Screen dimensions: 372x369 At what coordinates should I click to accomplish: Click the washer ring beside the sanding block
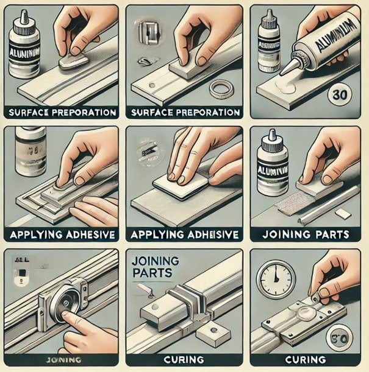pos(220,88)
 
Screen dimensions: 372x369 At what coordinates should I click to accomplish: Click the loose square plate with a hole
pos(212,333)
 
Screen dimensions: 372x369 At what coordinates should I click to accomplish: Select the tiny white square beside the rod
pos(343,214)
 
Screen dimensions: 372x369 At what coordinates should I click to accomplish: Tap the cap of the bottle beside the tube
pos(271,18)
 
